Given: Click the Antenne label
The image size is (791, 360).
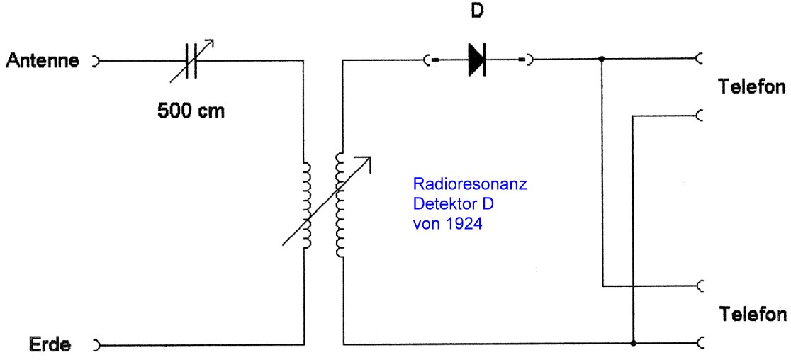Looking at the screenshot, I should pyautogui.click(x=42, y=61).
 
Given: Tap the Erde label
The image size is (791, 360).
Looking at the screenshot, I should pyautogui.click(x=50, y=346).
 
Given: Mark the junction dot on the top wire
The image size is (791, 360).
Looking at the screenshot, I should pyautogui.click(x=602, y=60).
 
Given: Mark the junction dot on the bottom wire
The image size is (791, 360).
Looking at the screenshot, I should pyautogui.click(x=632, y=345).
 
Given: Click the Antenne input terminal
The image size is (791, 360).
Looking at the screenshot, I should pyautogui.click(x=96, y=61).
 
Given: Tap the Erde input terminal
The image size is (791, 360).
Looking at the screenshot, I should pyautogui.click(x=96, y=346).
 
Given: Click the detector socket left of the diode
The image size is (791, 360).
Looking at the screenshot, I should pyautogui.click(x=427, y=61).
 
